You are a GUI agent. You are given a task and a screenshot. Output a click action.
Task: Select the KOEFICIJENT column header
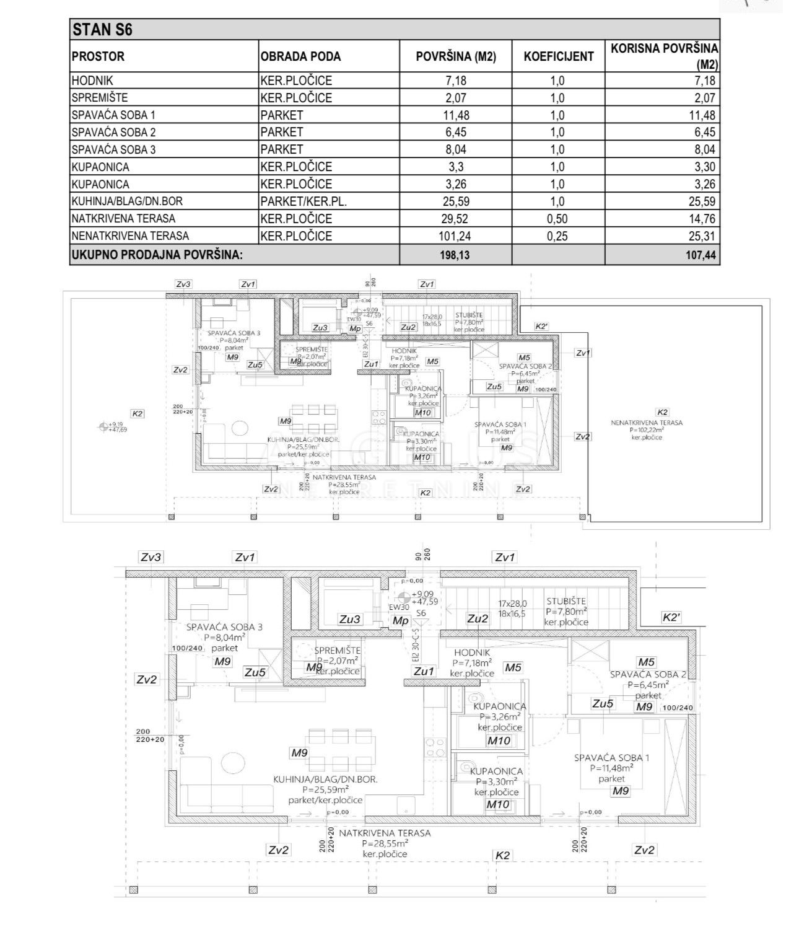[558, 56]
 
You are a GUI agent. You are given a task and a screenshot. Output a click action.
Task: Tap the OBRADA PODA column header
[300, 56]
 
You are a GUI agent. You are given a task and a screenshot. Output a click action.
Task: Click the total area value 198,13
[455, 255]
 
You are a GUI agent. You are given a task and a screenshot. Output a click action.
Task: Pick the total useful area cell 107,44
[701, 255]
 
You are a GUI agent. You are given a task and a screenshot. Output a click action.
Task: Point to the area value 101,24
[455, 236]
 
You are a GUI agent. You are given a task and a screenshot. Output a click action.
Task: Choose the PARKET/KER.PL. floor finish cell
[303, 201]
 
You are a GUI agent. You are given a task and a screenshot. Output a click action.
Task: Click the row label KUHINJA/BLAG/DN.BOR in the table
[127, 201]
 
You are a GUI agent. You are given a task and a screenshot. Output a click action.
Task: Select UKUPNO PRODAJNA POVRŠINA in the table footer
[157, 255]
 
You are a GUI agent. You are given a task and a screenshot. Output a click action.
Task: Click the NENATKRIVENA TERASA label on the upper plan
[647, 423]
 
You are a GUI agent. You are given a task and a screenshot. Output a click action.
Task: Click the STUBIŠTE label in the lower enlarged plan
[565, 601]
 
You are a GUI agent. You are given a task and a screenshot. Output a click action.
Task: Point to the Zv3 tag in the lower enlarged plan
[151, 558]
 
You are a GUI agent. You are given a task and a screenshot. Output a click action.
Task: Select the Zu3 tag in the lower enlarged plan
[350, 618]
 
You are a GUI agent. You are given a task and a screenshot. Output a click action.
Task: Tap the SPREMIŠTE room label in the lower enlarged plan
[337, 651]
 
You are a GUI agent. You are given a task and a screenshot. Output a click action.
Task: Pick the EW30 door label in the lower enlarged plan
[399, 608]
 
